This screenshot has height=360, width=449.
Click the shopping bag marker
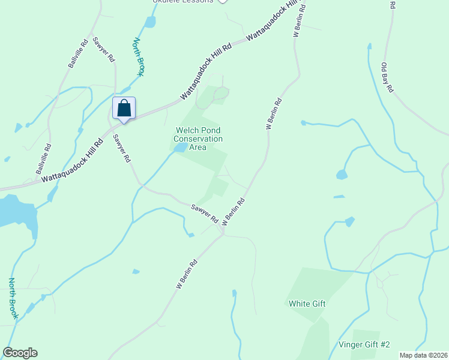tap(124, 109)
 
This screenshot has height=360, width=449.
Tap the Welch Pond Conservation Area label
tap(198, 139)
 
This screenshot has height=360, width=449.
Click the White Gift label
tap(307, 304)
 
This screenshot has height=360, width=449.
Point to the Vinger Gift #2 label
tap(364, 344)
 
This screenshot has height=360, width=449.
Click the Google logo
tap(20, 353)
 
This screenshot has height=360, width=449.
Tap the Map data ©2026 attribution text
tap(423, 355)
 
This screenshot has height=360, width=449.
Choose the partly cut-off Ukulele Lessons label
tap(182, 2)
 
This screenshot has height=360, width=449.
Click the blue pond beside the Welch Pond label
tap(181, 148)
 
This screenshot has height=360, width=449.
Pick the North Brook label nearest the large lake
tap(13, 298)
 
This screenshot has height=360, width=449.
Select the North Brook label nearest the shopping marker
tap(139, 57)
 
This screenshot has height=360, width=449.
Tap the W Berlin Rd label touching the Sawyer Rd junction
tap(234, 212)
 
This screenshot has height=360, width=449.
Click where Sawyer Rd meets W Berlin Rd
tap(223, 234)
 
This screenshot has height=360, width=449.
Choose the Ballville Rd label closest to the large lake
tap(43, 158)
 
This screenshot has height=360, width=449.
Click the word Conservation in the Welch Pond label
tap(198, 139)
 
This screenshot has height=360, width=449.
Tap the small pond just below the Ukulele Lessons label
tap(149, 22)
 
